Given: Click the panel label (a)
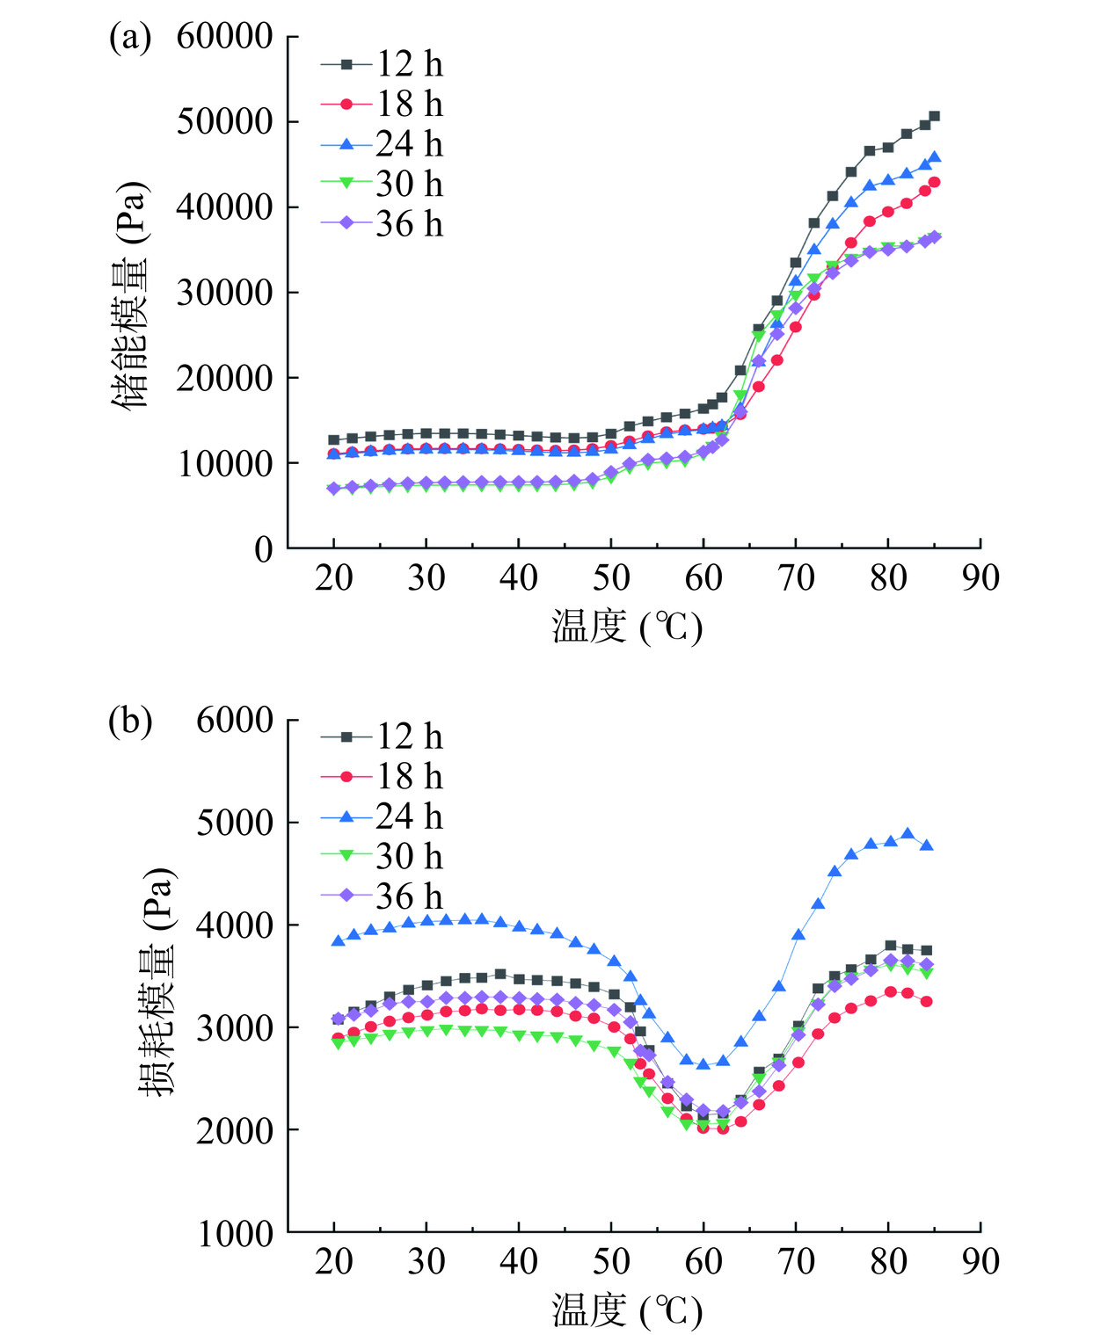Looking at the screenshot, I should [130, 39].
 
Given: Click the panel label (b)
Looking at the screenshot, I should [130, 722].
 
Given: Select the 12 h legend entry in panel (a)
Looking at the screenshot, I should [382, 64].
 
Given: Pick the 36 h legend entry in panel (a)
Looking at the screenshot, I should [382, 224].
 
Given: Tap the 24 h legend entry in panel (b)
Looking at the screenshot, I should [382, 816].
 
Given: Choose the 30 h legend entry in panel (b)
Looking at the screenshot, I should [382, 856].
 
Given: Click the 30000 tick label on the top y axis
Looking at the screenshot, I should [225, 293].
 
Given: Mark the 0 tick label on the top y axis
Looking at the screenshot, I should [264, 549].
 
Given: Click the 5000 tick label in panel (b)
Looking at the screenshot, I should [235, 823].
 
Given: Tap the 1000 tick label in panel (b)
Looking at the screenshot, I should [235, 1234].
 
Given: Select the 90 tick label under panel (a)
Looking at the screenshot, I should [980, 578].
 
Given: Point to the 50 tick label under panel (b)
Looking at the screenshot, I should [611, 1262].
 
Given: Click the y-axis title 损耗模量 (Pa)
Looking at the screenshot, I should [158, 980].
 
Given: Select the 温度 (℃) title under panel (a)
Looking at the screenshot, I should [627, 628].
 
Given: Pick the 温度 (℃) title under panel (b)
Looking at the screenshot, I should [627, 1310].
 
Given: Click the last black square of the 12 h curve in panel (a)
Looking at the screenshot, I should [934, 116].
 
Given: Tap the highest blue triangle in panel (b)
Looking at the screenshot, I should [908, 834].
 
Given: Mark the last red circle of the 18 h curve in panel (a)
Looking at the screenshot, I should [934, 182].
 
